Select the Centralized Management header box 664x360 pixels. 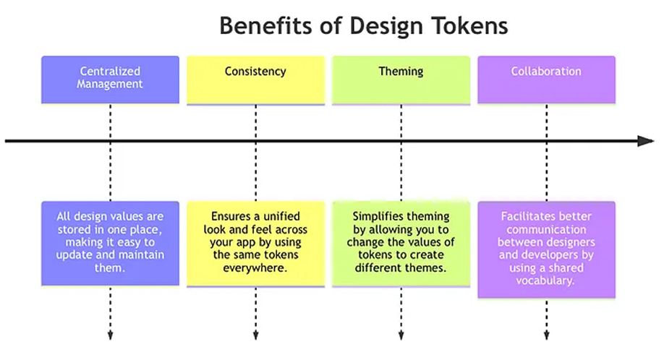[110, 78]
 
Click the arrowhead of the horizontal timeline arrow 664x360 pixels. [646, 141]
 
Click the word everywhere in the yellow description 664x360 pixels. [255, 268]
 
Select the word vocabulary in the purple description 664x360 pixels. [546, 280]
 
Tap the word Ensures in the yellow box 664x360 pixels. [231, 216]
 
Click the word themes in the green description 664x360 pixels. [427, 268]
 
